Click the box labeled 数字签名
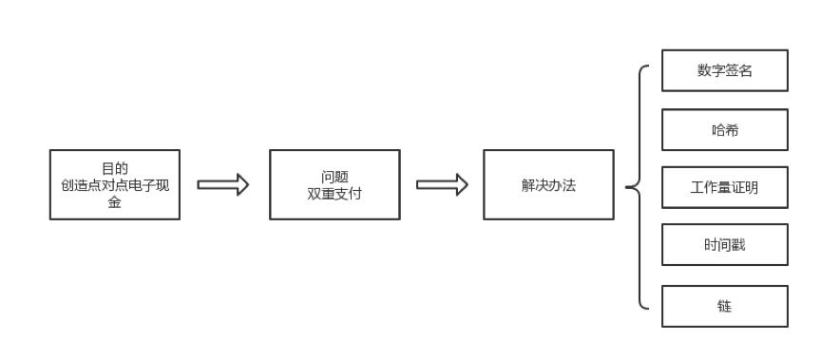click(x=724, y=70)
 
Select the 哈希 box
click(x=724, y=129)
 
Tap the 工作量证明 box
click(x=724, y=187)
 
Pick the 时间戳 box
click(x=724, y=245)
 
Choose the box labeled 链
click(x=724, y=306)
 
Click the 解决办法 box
click(x=547, y=184)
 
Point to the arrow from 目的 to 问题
click(x=222, y=184)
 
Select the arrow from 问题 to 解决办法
click(x=442, y=184)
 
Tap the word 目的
click(x=114, y=169)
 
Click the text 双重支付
click(x=334, y=194)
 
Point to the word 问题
click(x=334, y=177)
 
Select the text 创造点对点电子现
click(x=114, y=185)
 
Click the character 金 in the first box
click(x=114, y=201)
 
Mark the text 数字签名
click(x=724, y=71)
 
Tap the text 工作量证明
click(x=724, y=188)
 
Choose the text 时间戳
click(x=724, y=246)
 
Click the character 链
click(x=724, y=307)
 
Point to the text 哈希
click(x=724, y=130)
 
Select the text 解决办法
click(x=547, y=185)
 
